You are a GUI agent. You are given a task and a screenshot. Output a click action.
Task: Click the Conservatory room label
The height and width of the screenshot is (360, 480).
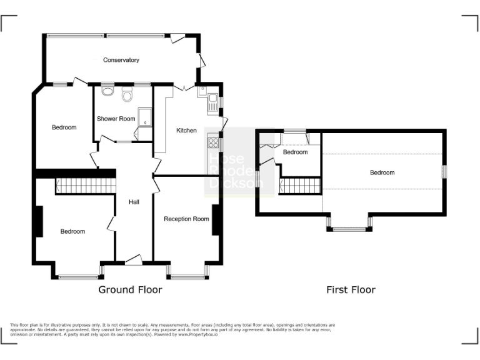[x=121, y=60]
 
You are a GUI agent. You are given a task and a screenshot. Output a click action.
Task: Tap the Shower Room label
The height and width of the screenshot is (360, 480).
[x=116, y=119]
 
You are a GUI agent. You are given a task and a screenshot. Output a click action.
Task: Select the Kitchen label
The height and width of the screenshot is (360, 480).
[x=186, y=131]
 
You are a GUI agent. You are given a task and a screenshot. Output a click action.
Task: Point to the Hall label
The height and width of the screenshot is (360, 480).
[x=134, y=202]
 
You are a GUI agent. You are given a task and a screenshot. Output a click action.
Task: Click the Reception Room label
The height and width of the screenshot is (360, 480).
[x=186, y=219]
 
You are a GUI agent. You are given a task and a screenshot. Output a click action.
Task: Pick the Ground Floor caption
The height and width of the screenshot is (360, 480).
[x=130, y=289]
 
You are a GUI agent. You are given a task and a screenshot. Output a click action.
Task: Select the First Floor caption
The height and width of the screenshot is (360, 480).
[x=351, y=289]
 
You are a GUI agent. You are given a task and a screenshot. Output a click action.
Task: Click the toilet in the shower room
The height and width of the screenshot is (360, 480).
[x=128, y=95]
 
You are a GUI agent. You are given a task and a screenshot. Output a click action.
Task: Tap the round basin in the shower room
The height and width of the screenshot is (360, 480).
[x=107, y=92]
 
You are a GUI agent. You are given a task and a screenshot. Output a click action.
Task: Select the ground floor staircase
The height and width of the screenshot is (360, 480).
[x=86, y=186]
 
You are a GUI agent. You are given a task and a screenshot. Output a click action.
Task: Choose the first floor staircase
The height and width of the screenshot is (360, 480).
[x=301, y=185]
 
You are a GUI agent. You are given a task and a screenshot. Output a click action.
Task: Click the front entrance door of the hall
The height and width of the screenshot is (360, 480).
[x=134, y=261]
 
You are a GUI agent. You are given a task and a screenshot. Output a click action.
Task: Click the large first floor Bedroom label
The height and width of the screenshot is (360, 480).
[x=382, y=172]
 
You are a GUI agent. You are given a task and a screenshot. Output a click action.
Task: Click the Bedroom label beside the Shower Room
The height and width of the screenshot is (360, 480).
[x=64, y=127]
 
